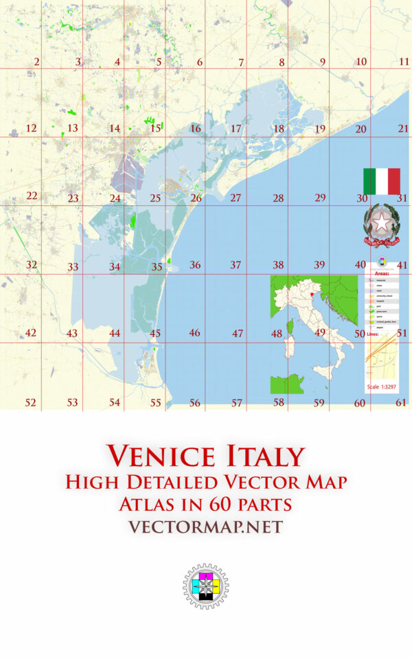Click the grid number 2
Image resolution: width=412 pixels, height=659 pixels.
[x=36, y=62]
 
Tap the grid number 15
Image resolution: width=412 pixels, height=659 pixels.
[x=156, y=128]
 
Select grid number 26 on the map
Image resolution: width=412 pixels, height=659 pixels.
[x=196, y=198]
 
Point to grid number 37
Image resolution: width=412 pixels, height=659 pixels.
[x=236, y=265]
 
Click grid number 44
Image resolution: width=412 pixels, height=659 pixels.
[x=115, y=333]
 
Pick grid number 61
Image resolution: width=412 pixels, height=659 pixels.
[x=402, y=402]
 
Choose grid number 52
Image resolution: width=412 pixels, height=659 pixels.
[x=31, y=402]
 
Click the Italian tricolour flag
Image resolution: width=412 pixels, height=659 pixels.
[x=382, y=181]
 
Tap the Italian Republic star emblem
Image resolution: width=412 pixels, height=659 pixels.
[x=380, y=224]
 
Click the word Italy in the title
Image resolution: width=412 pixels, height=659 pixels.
[x=264, y=456]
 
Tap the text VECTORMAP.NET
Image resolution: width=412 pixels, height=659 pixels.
[x=205, y=527]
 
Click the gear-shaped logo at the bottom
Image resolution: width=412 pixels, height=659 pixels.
[x=205, y=587]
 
